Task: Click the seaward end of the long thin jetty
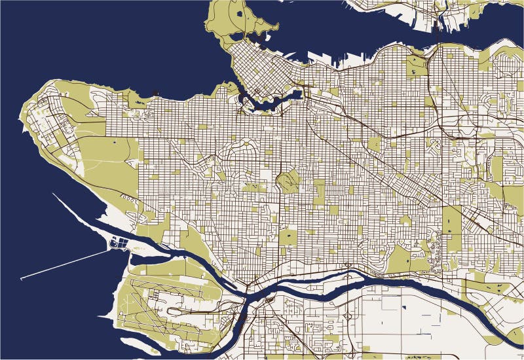tap(22, 279)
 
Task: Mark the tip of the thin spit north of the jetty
tap(54, 194)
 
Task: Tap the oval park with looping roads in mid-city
tap(286, 179)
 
